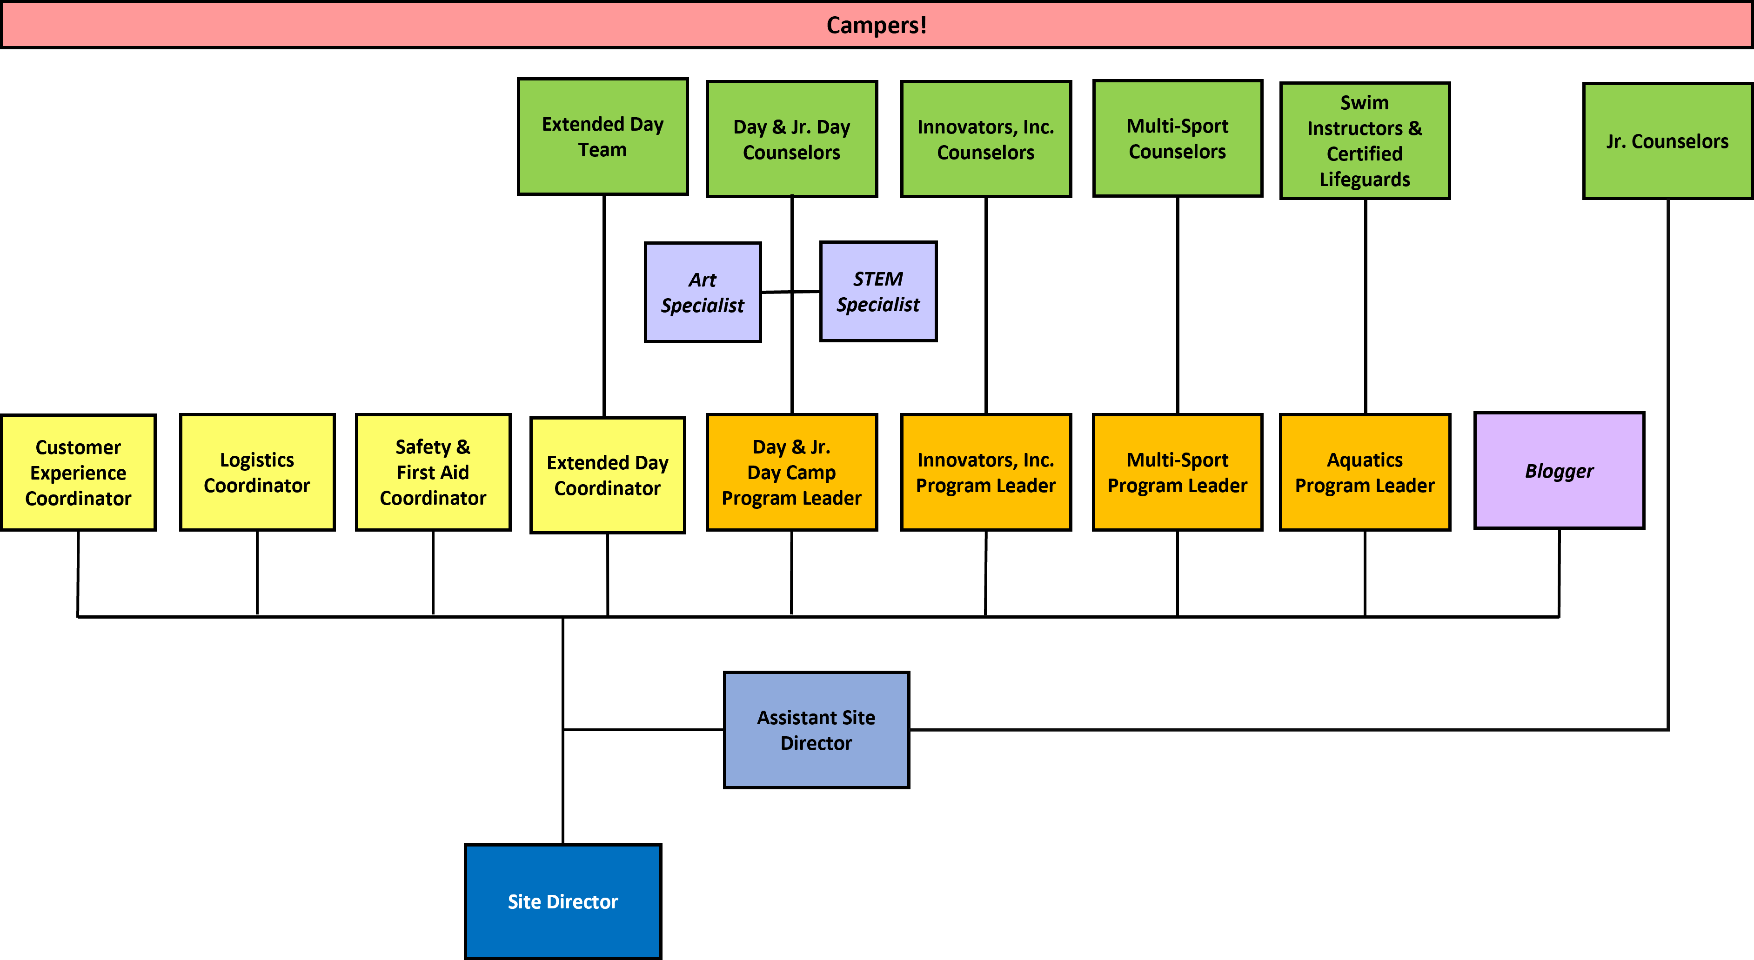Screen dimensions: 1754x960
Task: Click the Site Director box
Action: [x=562, y=901]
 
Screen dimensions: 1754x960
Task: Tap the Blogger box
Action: [x=1559, y=471]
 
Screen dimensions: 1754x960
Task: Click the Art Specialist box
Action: [x=703, y=292]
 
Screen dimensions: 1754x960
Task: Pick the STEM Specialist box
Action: [x=878, y=292]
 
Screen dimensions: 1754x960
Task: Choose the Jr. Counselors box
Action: [x=1667, y=141]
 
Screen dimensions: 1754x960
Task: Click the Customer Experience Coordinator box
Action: [x=78, y=473]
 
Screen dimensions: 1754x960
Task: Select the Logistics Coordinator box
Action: [x=257, y=473]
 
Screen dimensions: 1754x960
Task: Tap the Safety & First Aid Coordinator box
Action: [x=433, y=473]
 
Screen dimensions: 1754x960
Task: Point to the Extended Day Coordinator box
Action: [x=607, y=475]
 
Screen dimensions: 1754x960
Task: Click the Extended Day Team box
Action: [x=603, y=137]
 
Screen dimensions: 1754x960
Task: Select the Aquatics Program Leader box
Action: [x=1365, y=473]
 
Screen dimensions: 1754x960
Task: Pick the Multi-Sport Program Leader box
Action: [x=1177, y=473]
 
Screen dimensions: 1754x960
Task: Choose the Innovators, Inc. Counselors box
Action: [x=986, y=140]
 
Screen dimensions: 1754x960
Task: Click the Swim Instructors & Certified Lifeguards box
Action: [x=1365, y=141]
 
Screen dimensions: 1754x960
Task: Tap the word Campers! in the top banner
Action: [x=877, y=25]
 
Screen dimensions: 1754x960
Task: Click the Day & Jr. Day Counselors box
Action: [x=792, y=140]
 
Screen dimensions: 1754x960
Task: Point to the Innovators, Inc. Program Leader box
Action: [x=986, y=473]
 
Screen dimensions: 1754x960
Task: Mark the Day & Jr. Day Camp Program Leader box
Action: [x=792, y=473]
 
